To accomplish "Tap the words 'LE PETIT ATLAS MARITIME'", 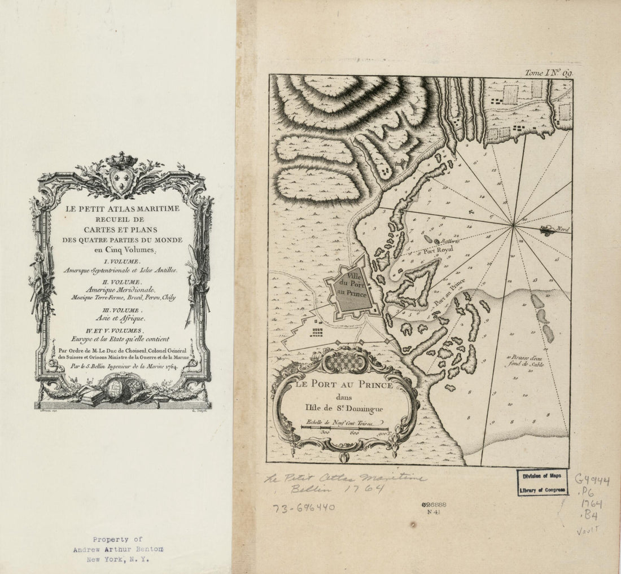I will point(123,209).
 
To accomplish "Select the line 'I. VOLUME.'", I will point(123,261).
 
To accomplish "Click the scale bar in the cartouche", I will point(345,427).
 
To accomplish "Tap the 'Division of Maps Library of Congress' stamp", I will point(543,483).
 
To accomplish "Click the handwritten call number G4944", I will point(592,480).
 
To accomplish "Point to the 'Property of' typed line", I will point(118,540).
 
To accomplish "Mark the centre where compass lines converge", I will point(514,227).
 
